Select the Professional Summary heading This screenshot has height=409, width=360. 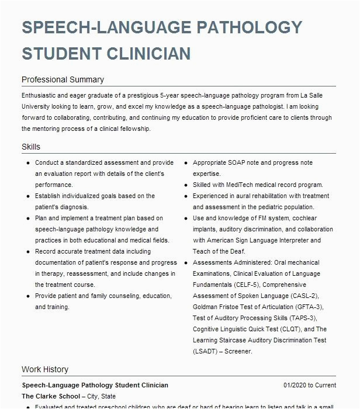63,79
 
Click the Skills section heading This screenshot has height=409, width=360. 31,147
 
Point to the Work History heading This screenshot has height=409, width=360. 45,369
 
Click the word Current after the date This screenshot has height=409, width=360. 326,386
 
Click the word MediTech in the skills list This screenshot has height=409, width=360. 235,185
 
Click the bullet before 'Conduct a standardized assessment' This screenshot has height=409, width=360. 28,163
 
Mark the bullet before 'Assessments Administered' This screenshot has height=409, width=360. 186,263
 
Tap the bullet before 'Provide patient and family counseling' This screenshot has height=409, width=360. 28,296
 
